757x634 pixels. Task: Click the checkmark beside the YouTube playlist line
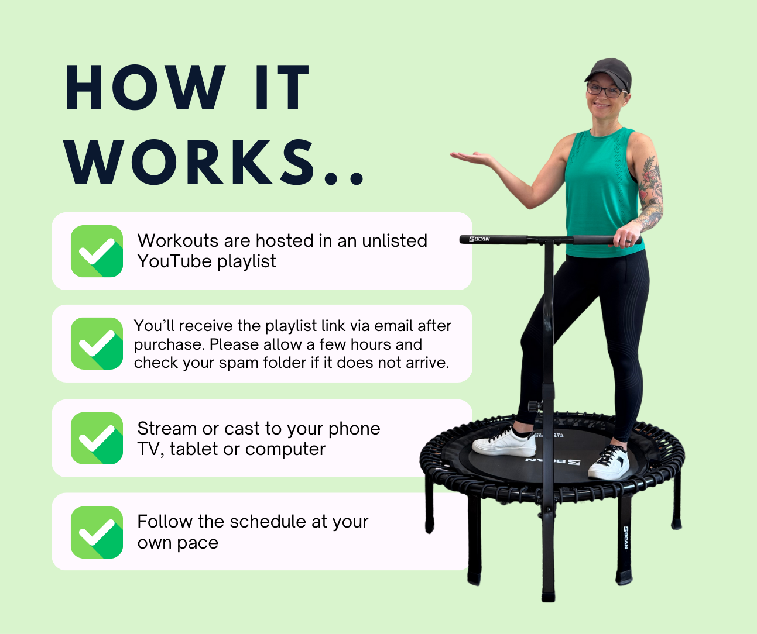tap(97, 251)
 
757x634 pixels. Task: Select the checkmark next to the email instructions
tap(97, 344)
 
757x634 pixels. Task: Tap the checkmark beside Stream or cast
tap(97, 438)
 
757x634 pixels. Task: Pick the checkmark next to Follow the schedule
tap(97, 532)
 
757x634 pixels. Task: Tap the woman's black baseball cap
tap(609, 72)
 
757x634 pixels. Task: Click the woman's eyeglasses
tap(604, 91)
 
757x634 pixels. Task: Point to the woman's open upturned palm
tap(473, 157)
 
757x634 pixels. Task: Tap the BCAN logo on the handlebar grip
tap(479, 239)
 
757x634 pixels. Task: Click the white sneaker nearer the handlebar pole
tap(505, 442)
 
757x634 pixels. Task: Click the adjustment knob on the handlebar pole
tap(534, 406)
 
